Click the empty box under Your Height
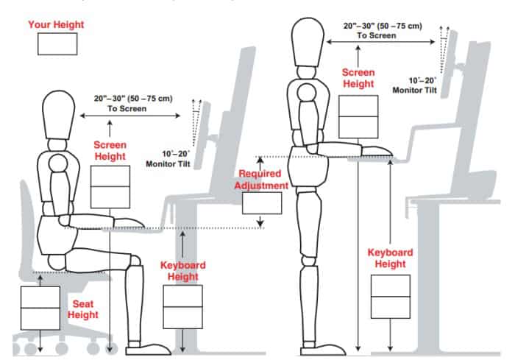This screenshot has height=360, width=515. (x=57, y=43)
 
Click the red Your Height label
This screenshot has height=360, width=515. (x=56, y=24)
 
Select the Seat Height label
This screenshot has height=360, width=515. (x=82, y=309)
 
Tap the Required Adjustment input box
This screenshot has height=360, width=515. (x=262, y=203)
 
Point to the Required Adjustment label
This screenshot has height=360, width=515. (x=261, y=180)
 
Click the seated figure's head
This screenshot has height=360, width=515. (x=59, y=115)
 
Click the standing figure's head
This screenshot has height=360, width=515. (x=308, y=42)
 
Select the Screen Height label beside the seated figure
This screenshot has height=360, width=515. (x=110, y=151)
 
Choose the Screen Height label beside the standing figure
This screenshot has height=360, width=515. (x=358, y=78)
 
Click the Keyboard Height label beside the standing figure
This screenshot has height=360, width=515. (x=390, y=258)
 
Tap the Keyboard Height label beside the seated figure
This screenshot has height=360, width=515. (x=183, y=271)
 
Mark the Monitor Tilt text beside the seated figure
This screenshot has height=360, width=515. (x=168, y=163)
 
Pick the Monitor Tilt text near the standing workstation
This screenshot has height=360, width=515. (x=415, y=90)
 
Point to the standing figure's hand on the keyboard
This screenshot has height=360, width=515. (x=377, y=151)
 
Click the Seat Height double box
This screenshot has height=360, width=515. (x=40, y=308)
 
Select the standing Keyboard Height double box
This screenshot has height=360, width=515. (x=391, y=297)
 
